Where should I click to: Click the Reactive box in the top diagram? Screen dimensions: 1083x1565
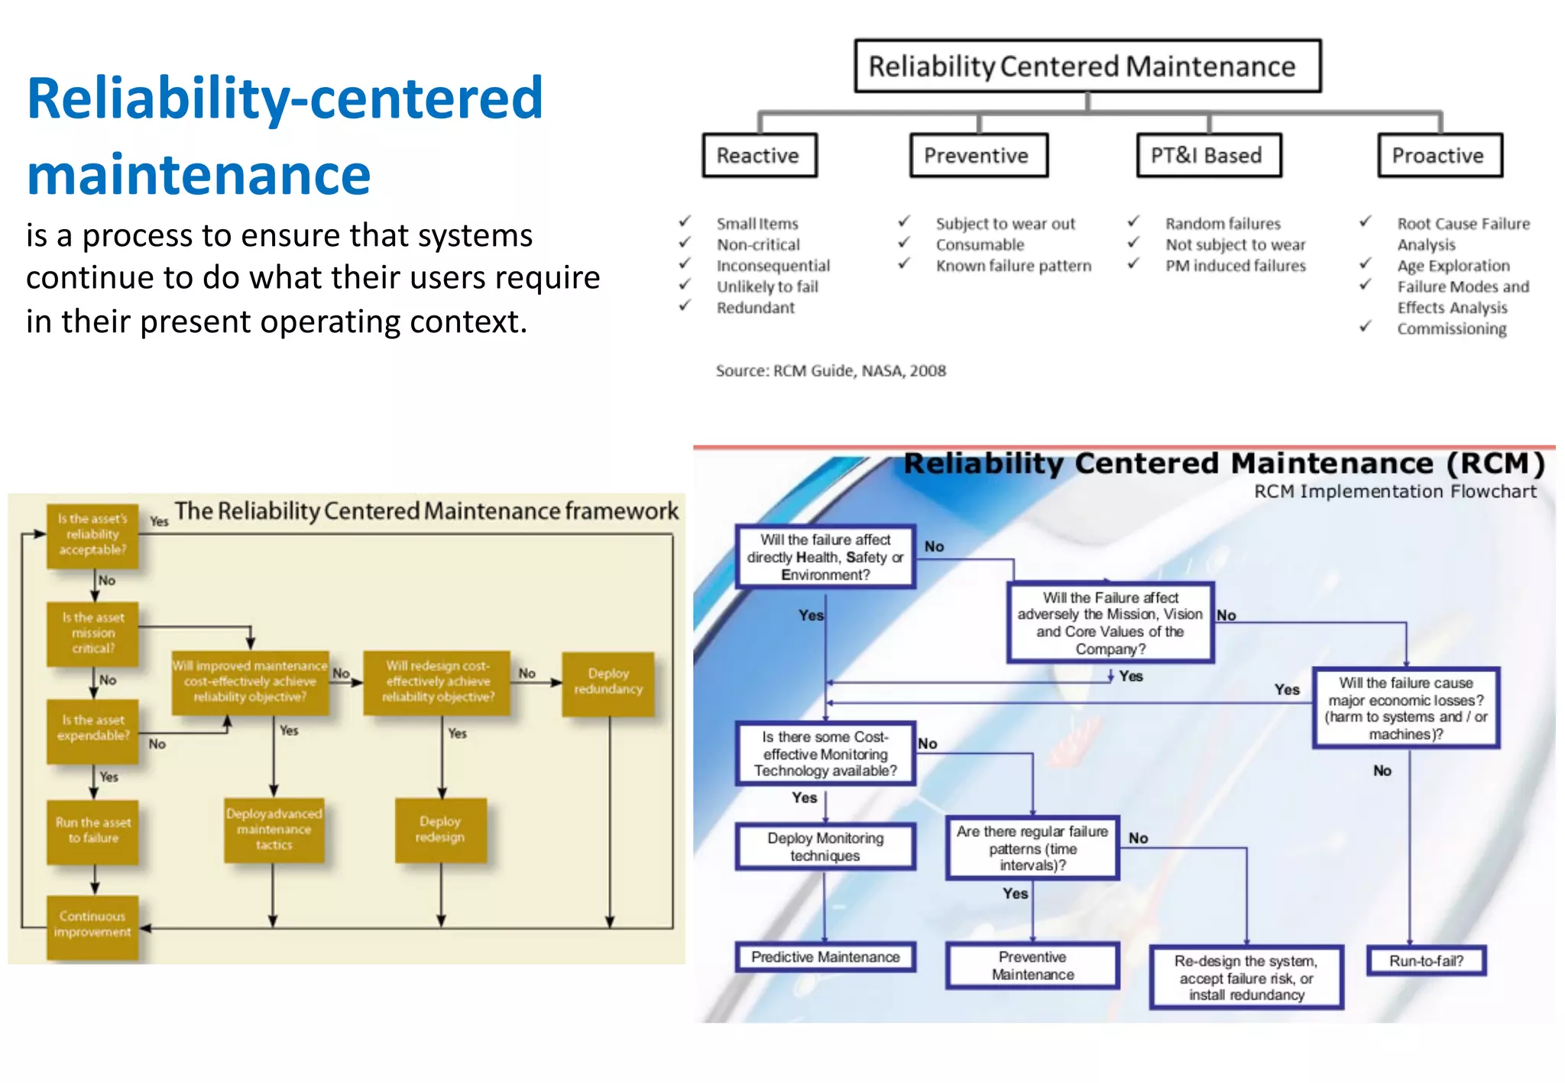[x=759, y=156]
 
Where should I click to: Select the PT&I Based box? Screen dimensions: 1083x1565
[x=1208, y=156]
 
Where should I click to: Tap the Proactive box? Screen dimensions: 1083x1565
[x=1439, y=156]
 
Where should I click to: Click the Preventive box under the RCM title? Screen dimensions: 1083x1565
[x=977, y=156]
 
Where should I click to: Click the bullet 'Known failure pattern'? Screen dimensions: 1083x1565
[x=1013, y=266]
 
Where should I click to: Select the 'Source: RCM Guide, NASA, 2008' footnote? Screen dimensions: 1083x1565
[x=830, y=371]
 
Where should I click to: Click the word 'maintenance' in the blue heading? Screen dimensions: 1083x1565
[x=199, y=175]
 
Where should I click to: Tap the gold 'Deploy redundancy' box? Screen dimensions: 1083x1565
[x=608, y=682]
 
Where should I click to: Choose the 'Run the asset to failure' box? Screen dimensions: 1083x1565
[x=93, y=831]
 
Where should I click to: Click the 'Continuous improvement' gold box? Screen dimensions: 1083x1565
[x=92, y=925]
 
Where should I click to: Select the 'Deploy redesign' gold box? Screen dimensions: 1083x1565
[x=440, y=829]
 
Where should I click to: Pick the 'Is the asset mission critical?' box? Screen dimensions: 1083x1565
[x=93, y=633]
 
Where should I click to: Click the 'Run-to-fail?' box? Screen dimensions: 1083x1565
[x=1425, y=961]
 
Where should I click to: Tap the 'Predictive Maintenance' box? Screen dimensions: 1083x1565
[x=825, y=957]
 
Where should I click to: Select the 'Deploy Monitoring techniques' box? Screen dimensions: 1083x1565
[x=825, y=847]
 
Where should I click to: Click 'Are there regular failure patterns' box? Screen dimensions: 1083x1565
[x=1032, y=848]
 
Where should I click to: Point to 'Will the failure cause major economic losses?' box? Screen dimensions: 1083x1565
[x=1405, y=708]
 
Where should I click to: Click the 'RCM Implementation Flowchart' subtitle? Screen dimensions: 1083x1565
[x=1394, y=492]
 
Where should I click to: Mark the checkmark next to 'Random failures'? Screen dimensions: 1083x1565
[x=1134, y=221]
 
